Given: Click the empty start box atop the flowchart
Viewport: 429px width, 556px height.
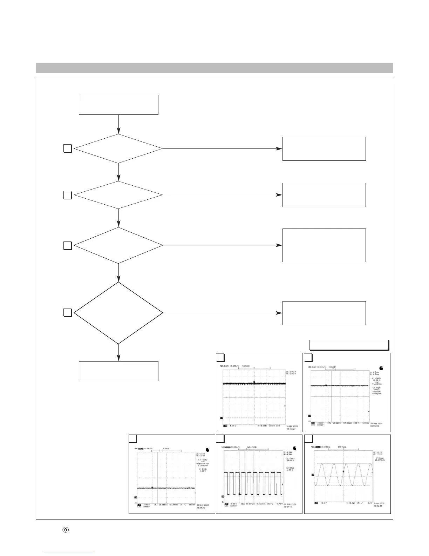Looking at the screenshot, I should pyautogui.click(x=118, y=105).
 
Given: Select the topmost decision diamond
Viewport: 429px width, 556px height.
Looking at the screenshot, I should pyautogui.click(x=118, y=149).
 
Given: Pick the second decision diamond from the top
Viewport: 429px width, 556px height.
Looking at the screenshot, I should pyautogui.click(x=118, y=195).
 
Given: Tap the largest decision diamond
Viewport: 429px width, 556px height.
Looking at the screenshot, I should pyautogui.click(x=118, y=313).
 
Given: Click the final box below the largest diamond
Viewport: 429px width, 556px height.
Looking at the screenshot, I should pyautogui.click(x=118, y=371).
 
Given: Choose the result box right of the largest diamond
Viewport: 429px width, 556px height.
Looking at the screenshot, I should pyautogui.click(x=324, y=313).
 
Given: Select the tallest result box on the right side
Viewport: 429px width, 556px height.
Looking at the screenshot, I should pyautogui.click(x=324, y=245).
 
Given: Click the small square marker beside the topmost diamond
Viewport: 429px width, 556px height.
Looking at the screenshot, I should pyautogui.click(x=68, y=149).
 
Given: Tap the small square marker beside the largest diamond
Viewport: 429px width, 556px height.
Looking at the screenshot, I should pyautogui.click(x=68, y=312).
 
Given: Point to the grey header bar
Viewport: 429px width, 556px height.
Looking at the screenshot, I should pyautogui.click(x=214, y=68).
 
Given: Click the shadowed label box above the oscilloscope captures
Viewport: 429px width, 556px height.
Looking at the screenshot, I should pyautogui.click(x=349, y=345).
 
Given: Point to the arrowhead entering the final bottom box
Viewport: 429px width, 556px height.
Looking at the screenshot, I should pyautogui.click(x=118, y=358).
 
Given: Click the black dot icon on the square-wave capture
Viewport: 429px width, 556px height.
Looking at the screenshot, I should pyautogui.click(x=294, y=448).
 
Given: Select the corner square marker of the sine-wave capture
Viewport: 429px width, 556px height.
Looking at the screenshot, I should pyautogui.click(x=308, y=439).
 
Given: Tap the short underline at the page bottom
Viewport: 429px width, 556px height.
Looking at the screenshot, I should pyautogui.click(x=70, y=553).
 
